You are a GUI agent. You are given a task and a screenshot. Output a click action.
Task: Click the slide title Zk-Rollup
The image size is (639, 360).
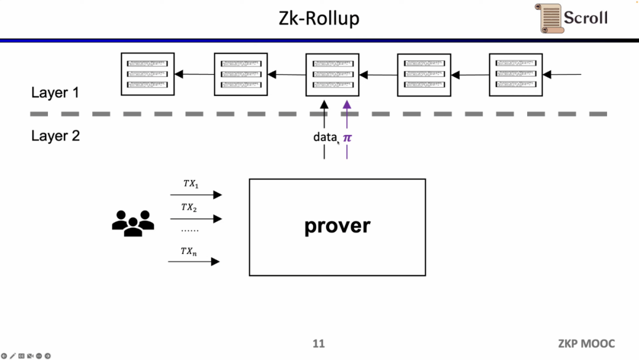pyautogui.click(x=319, y=18)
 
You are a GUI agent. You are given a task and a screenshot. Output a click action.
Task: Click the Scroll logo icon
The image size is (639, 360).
pyautogui.click(x=550, y=18)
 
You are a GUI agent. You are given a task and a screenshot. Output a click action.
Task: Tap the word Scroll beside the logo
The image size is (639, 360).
pyautogui.click(x=586, y=18)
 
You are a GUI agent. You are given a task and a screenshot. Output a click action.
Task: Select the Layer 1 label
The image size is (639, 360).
pyautogui.click(x=55, y=93)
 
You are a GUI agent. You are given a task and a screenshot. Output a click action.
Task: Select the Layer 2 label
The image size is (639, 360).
pyautogui.click(x=55, y=136)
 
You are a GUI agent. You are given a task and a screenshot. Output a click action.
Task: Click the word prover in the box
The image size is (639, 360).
pyautogui.click(x=337, y=226)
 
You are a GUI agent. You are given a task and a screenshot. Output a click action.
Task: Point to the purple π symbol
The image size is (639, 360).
pyautogui.click(x=347, y=138)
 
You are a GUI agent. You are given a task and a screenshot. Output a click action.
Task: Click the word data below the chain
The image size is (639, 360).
pyautogui.click(x=325, y=137)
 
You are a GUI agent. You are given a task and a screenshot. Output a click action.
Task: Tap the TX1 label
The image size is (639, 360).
pyautogui.click(x=191, y=184)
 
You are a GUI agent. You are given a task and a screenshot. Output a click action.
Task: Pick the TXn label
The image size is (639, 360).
pyautogui.click(x=189, y=252)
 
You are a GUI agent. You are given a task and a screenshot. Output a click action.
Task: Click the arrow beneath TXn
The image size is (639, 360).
pyautogui.click(x=194, y=261)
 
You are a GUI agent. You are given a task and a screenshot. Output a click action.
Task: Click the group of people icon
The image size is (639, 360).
pyautogui.click(x=133, y=223)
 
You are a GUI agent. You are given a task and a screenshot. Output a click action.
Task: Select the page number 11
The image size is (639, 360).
pyautogui.click(x=319, y=343)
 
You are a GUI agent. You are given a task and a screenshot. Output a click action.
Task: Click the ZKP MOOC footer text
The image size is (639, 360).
pyautogui.click(x=586, y=343)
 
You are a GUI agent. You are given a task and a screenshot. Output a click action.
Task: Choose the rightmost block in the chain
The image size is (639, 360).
pyautogui.click(x=516, y=75)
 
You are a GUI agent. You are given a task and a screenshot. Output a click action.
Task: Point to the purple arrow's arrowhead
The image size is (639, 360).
pyautogui.click(x=347, y=104)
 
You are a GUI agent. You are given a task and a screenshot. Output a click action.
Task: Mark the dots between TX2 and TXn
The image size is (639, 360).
pyautogui.click(x=189, y=230)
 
